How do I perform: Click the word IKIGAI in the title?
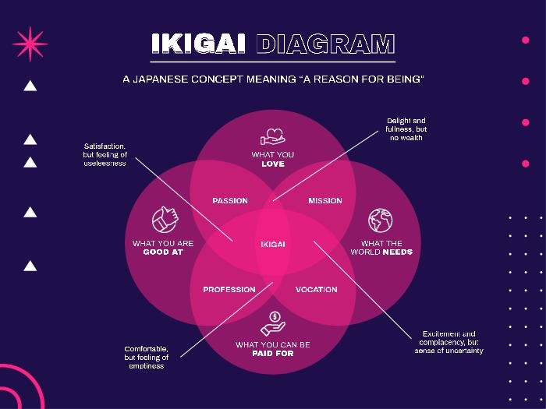(198, 44)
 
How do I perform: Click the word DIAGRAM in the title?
(325, 44)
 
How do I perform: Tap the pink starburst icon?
(30, 44)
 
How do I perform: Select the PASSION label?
(230, 201)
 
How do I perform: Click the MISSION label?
(325, 201)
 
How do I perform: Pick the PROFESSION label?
(229, 289)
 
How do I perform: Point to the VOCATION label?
(317, 289)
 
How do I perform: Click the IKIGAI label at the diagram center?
(273, 245)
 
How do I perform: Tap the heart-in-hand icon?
(273, 136)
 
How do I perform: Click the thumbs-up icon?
(165, 220)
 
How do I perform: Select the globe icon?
(381, 220)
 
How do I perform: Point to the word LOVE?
(273, 164)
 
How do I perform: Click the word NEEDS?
(397, 252)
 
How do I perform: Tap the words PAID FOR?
(273, 354)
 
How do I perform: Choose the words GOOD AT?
(163, 252)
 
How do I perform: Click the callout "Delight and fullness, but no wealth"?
(406, 129)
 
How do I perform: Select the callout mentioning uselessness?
(105, 155)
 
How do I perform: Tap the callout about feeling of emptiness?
(147, 357)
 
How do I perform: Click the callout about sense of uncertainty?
(448, 342)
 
